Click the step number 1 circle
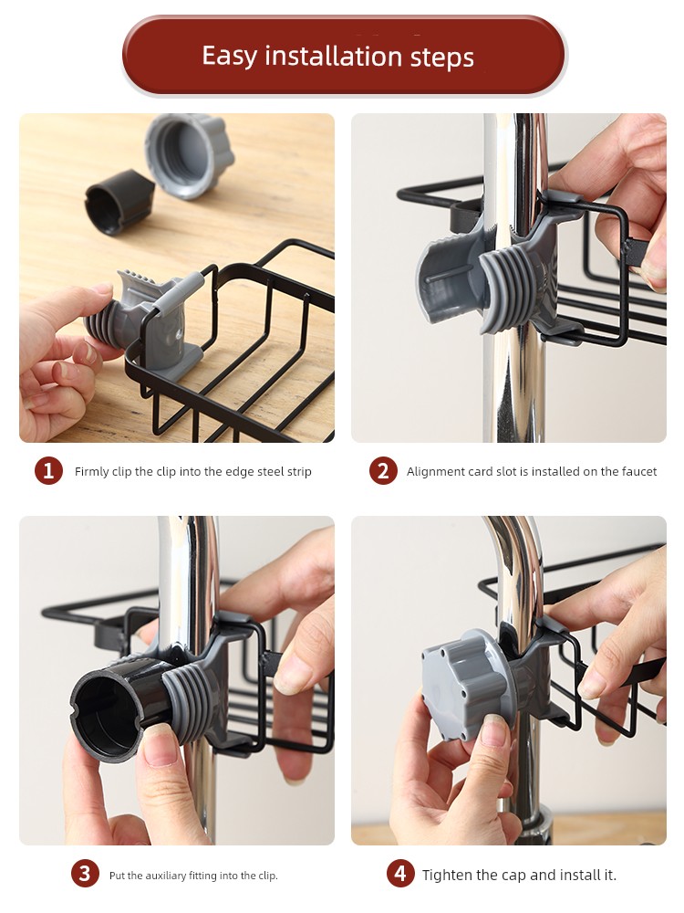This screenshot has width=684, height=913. pyautogui.click(x=48, y=471)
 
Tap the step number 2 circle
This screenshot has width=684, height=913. pyautogui.click(x=383, y=471)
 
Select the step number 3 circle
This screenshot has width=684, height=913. pyautogui.click(x=86, y=874)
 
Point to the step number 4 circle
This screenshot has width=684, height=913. pyautogui.click(x=400, y=874)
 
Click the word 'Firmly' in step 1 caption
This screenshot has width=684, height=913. pyautogui.click(x=91, y=472)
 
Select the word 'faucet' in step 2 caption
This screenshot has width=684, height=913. pyautogui.click(x=639, y=472)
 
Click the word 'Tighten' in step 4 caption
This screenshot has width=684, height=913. pyautogui.click(x=446, y=876)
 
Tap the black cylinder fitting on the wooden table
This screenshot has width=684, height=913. pyautogui.click(x=119, y=202)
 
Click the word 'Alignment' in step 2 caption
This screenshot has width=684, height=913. pyautogui.click(x=432, y=472)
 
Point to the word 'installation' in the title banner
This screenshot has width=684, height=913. pyautogui.click(x=333, y=58)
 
